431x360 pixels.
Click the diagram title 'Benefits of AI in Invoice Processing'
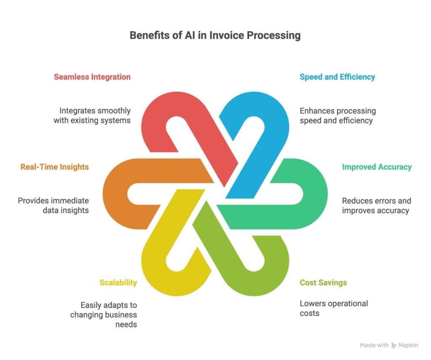tap(215, 35)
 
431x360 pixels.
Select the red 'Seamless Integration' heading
tap(92, 77)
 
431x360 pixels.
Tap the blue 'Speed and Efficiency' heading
tap(337, 77)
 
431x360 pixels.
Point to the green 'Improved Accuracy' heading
tap(377, 167)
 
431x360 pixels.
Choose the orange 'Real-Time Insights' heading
tap(55, 167)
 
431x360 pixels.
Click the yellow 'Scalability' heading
tap(118, 283)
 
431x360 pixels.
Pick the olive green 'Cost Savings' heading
tap(323, 283)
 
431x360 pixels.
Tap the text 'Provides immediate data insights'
tap(53, 205)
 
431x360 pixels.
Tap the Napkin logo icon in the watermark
tap(394, 345)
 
